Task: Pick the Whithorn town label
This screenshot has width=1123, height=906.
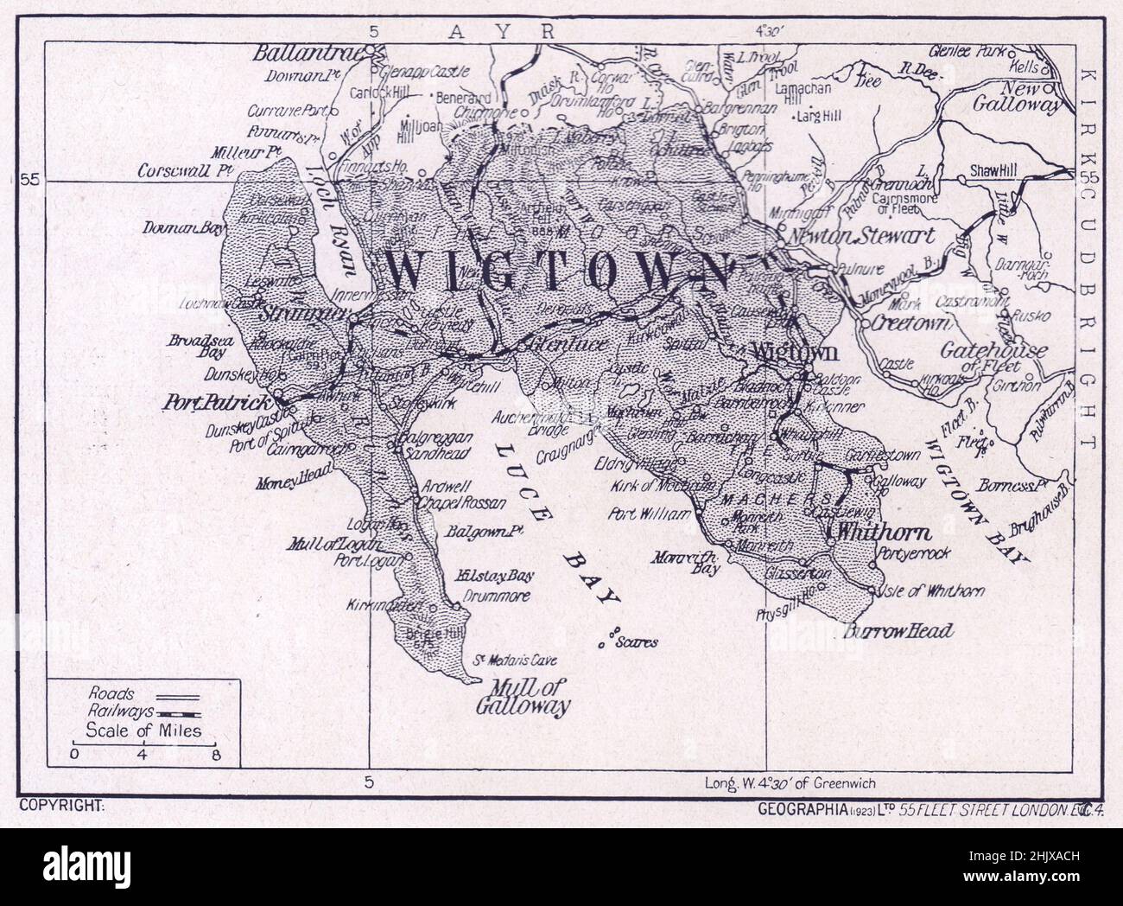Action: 867,531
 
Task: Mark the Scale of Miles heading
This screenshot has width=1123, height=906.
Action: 143,731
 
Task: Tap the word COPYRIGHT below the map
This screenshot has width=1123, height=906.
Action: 60,806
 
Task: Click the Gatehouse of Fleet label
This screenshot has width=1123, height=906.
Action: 992,354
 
